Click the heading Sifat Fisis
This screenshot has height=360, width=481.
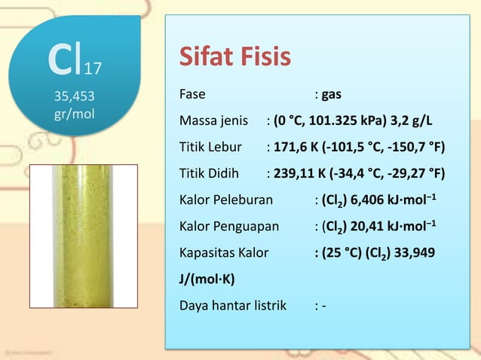pyautogui.click(x=234, y=58)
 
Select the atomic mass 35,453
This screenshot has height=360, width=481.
pyautogui.click(x=75, y=96)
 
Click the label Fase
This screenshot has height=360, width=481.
pyautogui.click(x=192, y=96)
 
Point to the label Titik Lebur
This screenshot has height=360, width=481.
pyautogui.click(x=210, y=148)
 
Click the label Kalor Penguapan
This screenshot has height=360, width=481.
pyautogui.click(x=229, y=226)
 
